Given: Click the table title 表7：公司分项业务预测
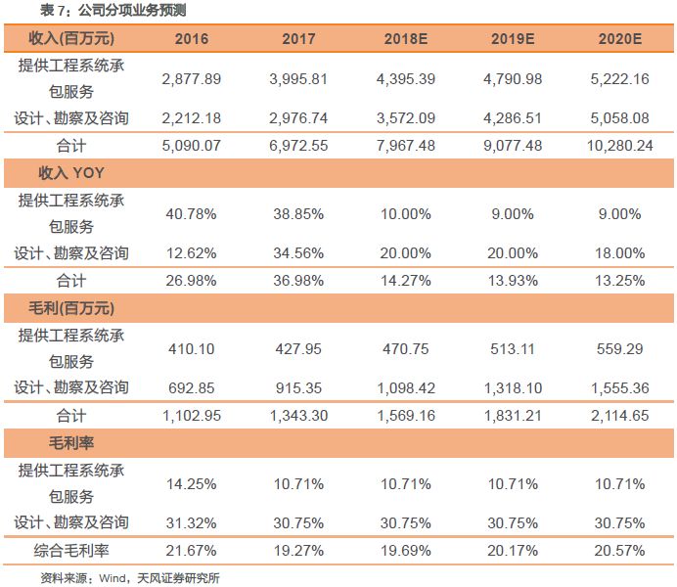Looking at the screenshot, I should [113, 11].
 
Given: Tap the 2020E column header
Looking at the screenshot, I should [618, 39].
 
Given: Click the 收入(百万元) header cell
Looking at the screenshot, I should [68, 39].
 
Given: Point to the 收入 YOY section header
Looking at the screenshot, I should [68, 173].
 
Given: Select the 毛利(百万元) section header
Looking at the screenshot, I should [68, 308].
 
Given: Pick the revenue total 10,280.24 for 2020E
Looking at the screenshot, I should [618, 145].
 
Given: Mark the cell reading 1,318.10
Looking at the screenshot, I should [512, 387].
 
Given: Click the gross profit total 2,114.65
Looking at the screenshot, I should [618, 415].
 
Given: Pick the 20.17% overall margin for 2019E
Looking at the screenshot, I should [512, 550].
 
